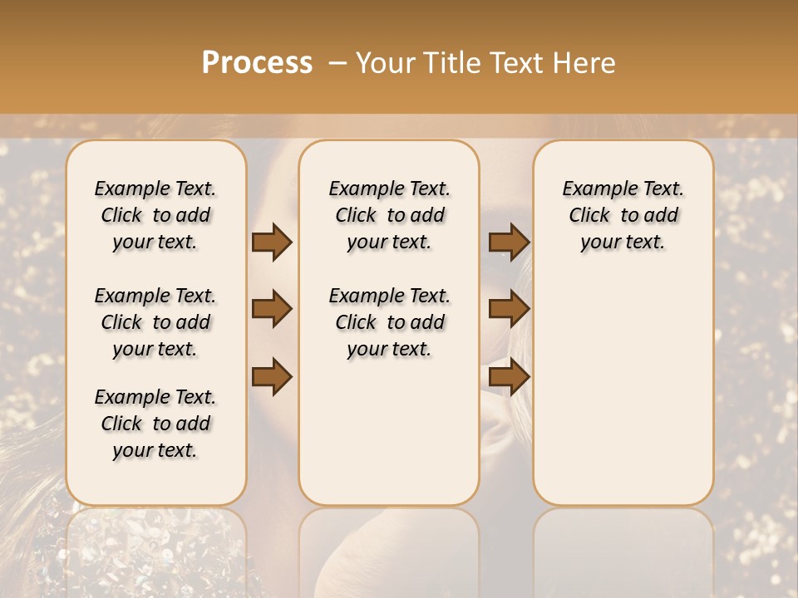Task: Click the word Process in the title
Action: coord(257,62)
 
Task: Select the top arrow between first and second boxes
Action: coord(272,242)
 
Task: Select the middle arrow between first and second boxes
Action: coord(272,309)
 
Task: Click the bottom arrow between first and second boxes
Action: coord(272,377)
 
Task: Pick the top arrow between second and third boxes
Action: coord(509,242)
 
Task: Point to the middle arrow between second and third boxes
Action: coord(509,309)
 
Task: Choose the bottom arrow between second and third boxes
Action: coord(509,377)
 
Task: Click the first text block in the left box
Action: coord(155,215)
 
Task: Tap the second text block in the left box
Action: coord(155,322)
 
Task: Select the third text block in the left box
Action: coord(155,424)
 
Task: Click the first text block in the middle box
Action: coord(390,215)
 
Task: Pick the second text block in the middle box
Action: coord(390,322)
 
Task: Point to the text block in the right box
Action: coord(623,215)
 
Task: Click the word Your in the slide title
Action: coord(382,63)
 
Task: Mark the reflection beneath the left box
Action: coord(156,548)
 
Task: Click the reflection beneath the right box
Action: coord(623,548)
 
